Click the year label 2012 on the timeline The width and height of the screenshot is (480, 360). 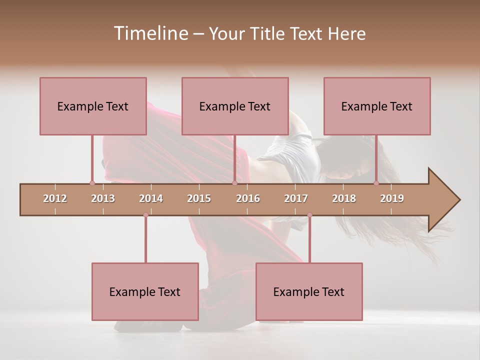tap(55, 198)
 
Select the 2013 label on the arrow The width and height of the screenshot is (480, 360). tap(103, 198)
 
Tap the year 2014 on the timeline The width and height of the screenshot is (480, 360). tap(151, 198)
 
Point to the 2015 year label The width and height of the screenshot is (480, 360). tap(199, 198)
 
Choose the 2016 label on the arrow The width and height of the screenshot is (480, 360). tap(248, 198)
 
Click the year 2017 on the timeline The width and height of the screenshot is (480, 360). tap(296, 198)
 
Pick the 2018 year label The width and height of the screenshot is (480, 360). tap(344, 198)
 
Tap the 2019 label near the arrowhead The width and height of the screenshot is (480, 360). tap(392, 198)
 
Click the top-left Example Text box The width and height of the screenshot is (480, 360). tap(93, 106)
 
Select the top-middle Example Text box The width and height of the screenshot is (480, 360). tap(235, 106)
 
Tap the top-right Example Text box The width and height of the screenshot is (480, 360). tap(377, 106)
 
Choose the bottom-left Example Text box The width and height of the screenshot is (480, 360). tap(145, 291)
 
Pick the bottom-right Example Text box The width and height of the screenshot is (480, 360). tap(309, 291)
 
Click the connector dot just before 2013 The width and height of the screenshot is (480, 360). tap(92, 183)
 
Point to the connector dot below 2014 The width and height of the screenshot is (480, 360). tap(145, 215)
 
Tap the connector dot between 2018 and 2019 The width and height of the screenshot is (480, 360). tap(376, 183)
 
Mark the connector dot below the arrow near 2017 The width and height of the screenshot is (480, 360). tap(309, 215)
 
